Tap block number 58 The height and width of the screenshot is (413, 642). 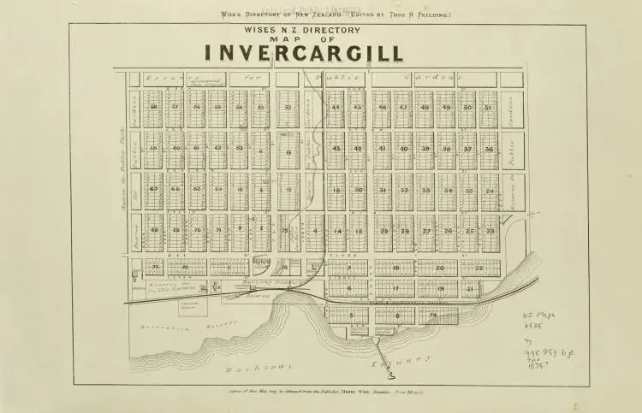point(153,107)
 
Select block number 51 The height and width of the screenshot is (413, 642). point(488,108)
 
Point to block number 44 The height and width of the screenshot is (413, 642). point(336,108)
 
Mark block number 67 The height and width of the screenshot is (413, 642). point(153,190)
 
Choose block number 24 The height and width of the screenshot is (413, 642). point(490,190)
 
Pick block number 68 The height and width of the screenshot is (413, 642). point(154,229)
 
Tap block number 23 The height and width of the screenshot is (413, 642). point(490,231)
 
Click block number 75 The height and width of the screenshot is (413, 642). point(283,230)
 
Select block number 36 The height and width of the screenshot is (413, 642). point(489,149)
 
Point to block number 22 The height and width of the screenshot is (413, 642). point(479,268)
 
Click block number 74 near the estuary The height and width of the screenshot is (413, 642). point(433,315)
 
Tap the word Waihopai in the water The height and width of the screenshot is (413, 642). point(249,369)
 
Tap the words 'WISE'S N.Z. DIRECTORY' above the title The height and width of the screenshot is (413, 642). point(303,31)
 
